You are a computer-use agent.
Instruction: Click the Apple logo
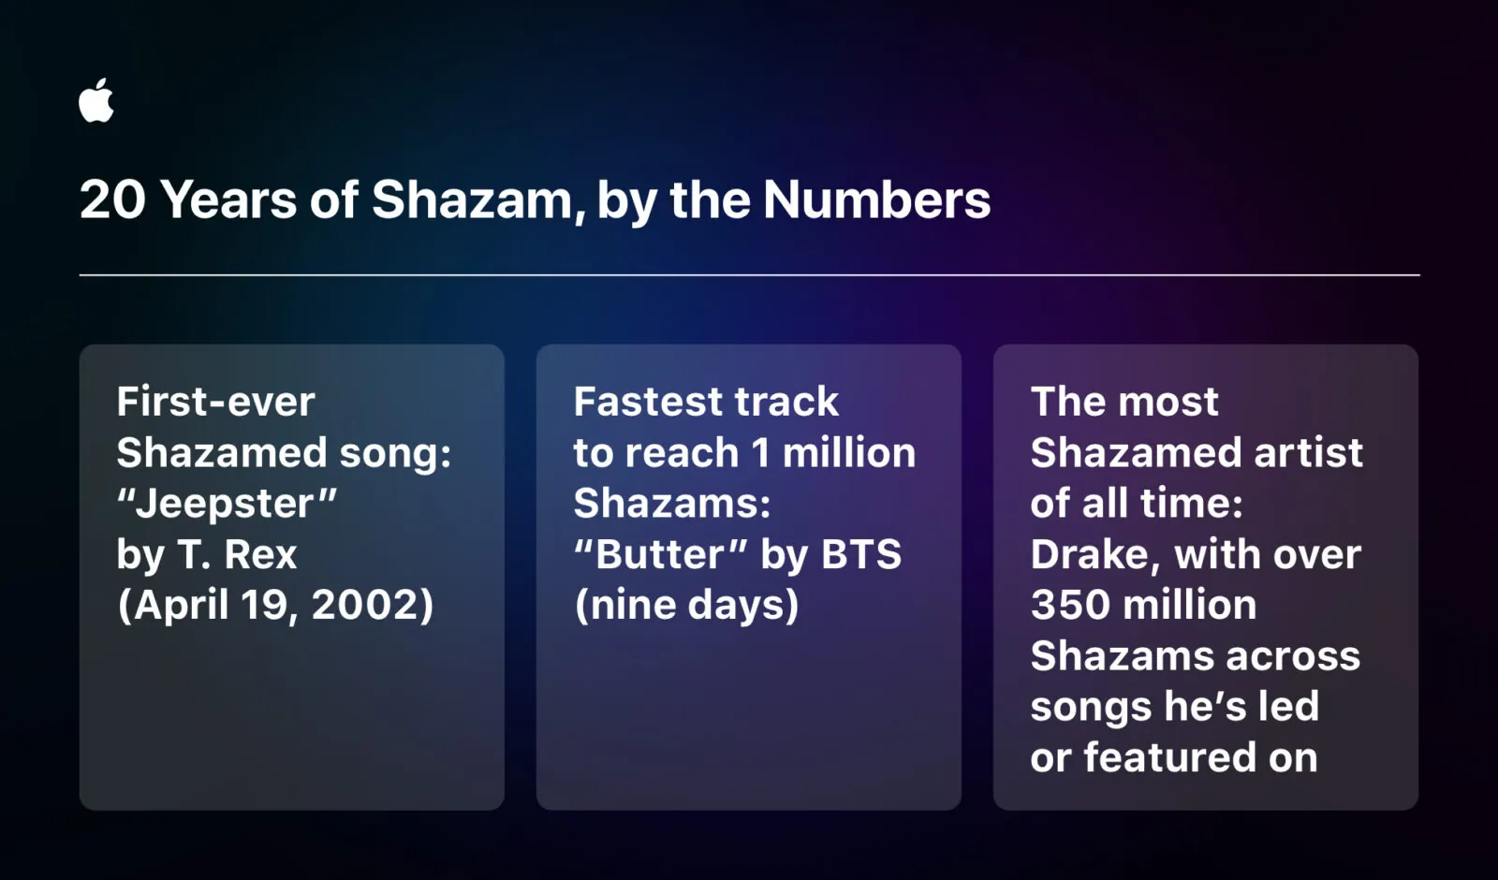point(96,101)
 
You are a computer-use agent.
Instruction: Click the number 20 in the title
point(112,200)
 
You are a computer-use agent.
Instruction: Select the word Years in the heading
point(228,200)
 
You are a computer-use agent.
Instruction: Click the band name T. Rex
point(237,554)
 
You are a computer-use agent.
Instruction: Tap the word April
point(182,605)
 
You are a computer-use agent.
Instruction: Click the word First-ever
point(215,402)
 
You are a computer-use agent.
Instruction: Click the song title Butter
point(660,554)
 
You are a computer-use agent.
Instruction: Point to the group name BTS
point(861,554)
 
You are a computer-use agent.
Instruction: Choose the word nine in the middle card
point(632,605)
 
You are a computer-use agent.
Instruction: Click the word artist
point(1308,453)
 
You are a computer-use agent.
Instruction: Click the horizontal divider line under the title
point(749,275)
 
